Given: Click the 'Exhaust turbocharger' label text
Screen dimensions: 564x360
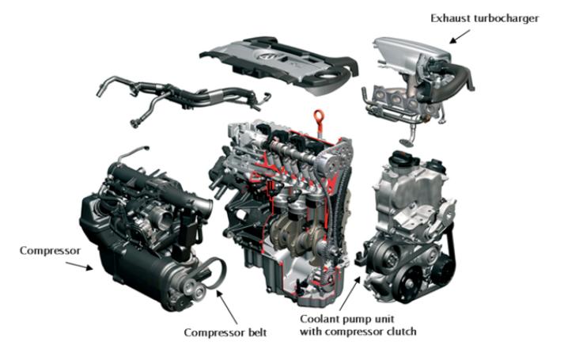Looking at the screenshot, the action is point(485,18).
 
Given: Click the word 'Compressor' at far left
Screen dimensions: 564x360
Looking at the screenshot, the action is point(50,251).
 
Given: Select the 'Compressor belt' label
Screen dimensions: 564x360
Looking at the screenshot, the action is point(225,332).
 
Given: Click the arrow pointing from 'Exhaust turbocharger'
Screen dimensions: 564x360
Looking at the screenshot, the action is point(460,36).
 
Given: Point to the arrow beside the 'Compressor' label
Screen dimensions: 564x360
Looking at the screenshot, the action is point(79,266).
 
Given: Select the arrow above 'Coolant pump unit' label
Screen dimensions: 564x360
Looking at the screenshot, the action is point(349,294).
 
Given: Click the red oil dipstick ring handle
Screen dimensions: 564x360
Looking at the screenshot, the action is point(319,116).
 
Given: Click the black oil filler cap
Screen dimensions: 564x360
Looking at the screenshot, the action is point(403,160).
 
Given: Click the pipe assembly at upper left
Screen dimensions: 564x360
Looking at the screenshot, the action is point(182,96).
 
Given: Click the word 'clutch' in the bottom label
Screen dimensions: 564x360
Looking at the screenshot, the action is point(402,332).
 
